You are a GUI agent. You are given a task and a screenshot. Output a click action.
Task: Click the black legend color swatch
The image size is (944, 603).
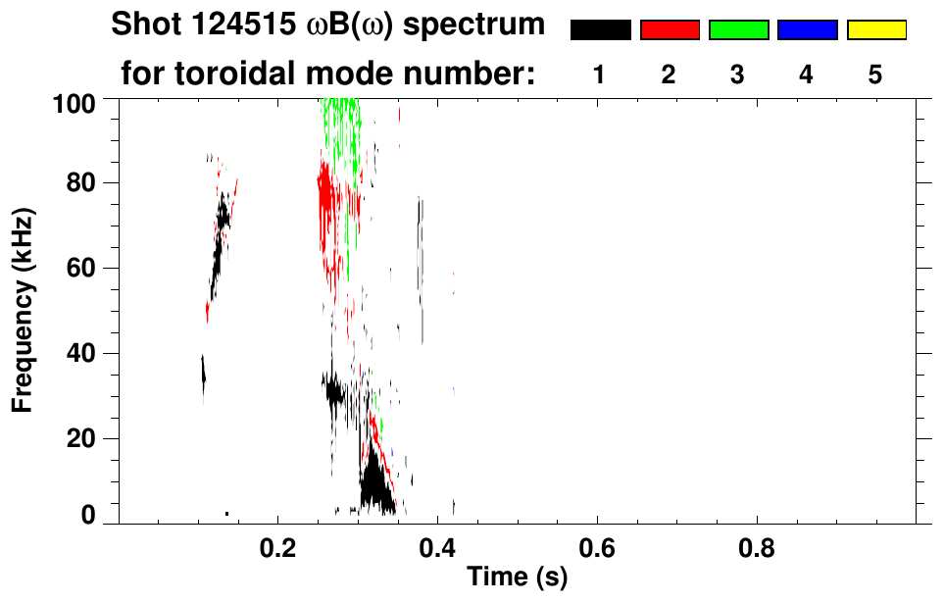coord(600,30)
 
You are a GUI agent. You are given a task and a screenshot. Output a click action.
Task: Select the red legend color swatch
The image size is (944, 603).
coord(670,30)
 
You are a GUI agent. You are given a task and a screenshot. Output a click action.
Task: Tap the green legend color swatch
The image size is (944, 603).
coord(738,30)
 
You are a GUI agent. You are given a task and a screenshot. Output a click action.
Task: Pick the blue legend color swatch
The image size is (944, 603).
coord(807,30)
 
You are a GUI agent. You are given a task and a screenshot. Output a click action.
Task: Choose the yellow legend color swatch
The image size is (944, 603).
coord(876,30)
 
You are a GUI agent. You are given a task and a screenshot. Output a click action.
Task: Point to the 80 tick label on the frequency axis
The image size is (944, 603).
coord(85,183)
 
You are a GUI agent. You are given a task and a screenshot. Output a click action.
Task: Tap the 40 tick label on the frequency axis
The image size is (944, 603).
coord(85,353)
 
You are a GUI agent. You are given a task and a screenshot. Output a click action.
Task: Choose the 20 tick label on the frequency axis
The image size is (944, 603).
coord(85,438)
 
